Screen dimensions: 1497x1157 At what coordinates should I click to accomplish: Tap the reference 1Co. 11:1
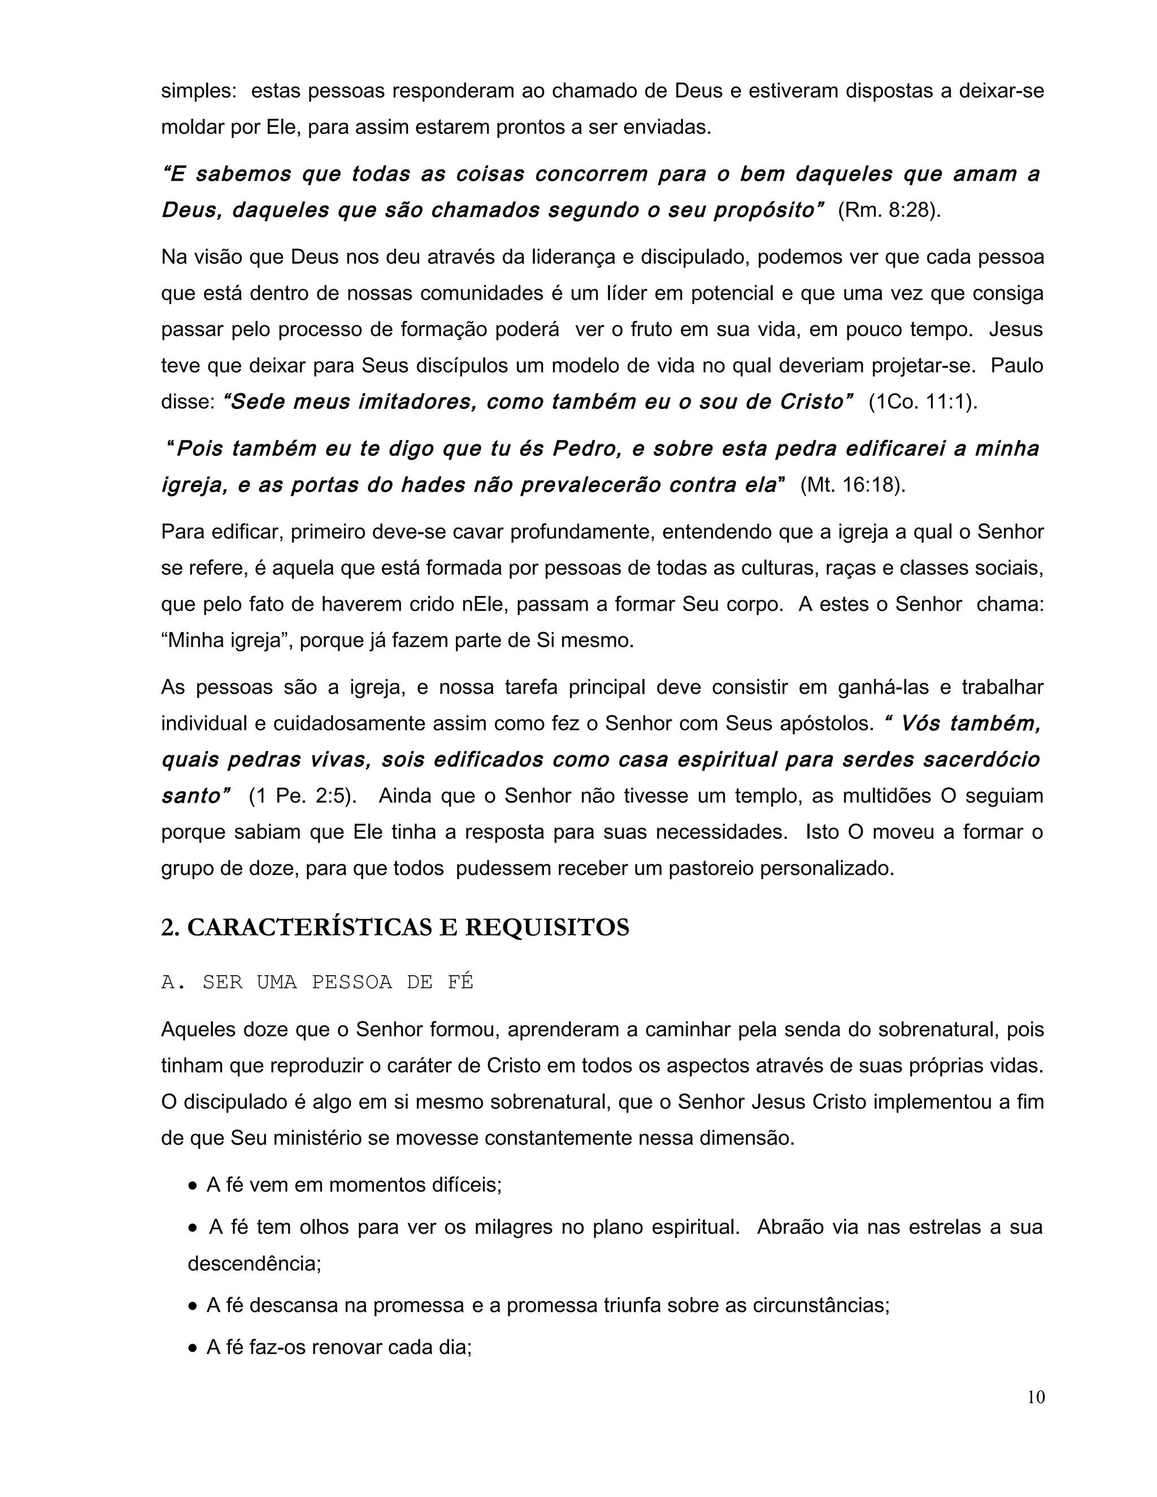click(x=923, y=402)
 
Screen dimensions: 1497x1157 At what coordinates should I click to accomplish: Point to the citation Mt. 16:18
click(x=852, y=485)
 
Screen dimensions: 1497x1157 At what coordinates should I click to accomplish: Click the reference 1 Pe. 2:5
click(x=302, y=796)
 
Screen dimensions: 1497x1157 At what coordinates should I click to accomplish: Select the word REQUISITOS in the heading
click(x=547, y=928)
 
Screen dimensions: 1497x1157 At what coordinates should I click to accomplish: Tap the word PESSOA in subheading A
click(x=351, y=982)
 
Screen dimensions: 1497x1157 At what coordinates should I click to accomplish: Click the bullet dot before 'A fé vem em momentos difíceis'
click(x=193, y=1186)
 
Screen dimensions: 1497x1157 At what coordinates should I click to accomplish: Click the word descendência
click(x=254, y=1263)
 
